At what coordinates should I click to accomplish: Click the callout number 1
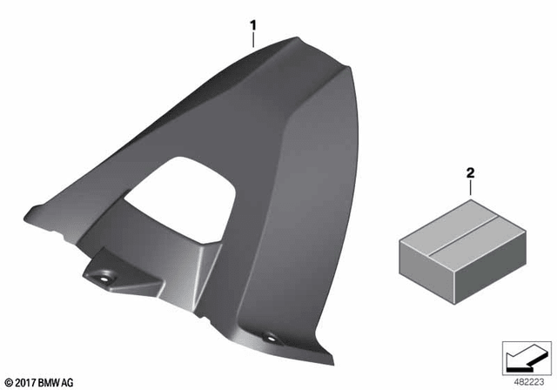click(253, 25)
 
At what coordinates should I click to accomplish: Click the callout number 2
click(470, 173)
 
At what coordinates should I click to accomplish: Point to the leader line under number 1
click(253, 40)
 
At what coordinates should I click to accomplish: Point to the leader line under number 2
click(471, 187)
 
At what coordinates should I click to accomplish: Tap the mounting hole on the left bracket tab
click(104, 279)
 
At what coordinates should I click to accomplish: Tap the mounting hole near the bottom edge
click(271, 338)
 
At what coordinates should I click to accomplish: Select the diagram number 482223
click(529, 382)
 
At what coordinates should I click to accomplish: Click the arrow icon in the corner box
click(526, 360)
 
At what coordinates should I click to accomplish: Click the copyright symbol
click(10, 383)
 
